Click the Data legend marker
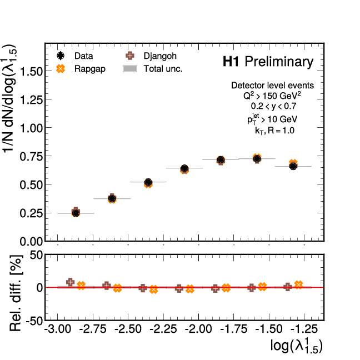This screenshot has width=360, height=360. click(61, 56)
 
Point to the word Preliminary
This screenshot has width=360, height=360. click(279, 62)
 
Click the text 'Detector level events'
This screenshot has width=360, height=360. click(272, 86)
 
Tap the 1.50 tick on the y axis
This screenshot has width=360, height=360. click(33, 71)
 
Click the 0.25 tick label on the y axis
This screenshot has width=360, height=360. click(33, 213)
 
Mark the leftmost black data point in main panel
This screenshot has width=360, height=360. click(76, 213)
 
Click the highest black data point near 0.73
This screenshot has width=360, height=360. click(257, 159)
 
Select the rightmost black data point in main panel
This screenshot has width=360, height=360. click(293, 166)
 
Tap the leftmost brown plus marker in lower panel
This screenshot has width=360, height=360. click(70, 282)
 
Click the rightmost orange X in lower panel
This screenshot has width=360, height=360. click(298, 285)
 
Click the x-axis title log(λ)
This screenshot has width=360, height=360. click(296, 346)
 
